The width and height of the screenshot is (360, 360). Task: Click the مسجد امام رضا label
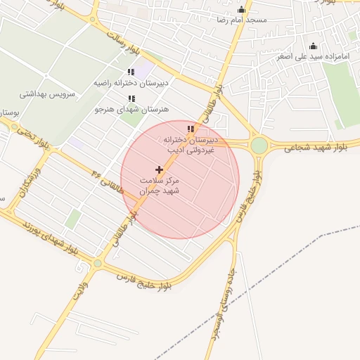(x=242, y=20)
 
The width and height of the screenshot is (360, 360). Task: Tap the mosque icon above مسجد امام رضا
(x=242, y=9)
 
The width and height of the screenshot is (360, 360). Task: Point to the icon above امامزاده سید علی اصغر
(x=314, y=46)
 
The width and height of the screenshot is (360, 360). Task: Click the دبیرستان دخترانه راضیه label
(x=131, y=83)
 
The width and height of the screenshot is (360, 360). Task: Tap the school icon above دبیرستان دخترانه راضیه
(x=131, y=72)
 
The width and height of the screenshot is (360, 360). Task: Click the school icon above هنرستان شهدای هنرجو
(x=131, y=98)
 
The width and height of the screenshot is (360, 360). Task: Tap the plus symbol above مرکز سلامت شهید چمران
(x=160, y=169)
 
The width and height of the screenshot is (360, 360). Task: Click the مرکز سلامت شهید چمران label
(x=160, y=185)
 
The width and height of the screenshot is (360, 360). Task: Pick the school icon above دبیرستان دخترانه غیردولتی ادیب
(x=190, y=128)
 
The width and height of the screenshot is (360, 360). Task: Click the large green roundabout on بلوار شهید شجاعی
(x=259, y=146)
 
